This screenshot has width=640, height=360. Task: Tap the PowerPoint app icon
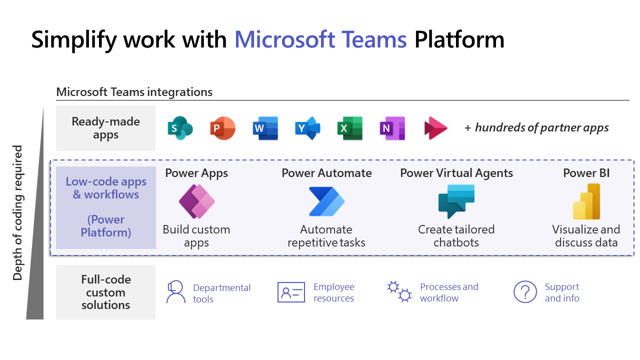point(222,128)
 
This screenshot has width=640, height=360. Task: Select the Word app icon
point(265,128)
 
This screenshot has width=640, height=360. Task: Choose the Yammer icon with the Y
point(307,128)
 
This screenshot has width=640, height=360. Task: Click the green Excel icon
point(349,128)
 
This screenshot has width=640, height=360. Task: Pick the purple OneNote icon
point(392,128)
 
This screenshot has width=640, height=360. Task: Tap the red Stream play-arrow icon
point(435,128)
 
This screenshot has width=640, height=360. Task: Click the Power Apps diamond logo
point(196,201)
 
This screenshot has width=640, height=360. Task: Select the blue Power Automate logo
point(326,201)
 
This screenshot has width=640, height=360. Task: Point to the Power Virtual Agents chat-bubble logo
point(456,201)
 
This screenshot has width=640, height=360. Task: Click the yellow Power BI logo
point(586,201)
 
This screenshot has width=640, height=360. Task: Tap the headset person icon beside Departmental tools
point(175,292)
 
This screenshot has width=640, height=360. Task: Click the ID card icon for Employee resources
point(291,292)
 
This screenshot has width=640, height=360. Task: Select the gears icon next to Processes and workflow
point(399,291)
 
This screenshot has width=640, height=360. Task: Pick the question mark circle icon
point(525,291)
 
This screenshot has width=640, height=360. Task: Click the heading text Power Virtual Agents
point(456,173)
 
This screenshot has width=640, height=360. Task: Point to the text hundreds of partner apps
point(541,127)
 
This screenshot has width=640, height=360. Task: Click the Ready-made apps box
point(105,128)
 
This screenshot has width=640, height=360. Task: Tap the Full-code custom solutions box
point(105,292)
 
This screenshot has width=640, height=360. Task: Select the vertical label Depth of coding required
point(18,212)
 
